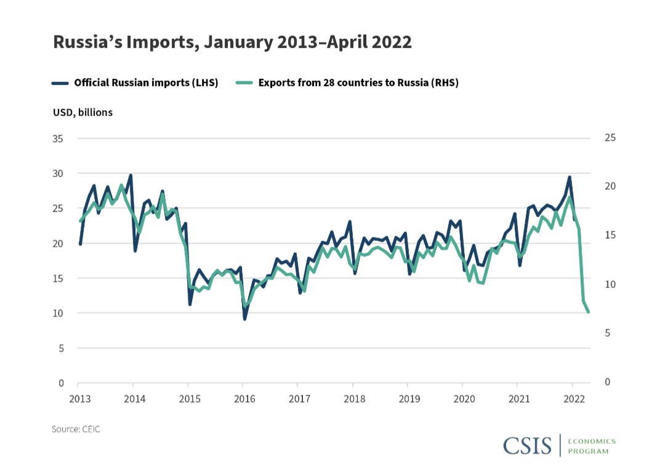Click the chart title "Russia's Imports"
click(x=232, y=42)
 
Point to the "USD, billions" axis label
click(x=83, y=113)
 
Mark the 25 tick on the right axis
click(x=610, y=137)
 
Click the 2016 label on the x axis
click(x=244, y=398)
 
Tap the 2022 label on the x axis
click(x=573, y=398)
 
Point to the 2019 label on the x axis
click(x=408, y=398)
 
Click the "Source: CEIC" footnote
click(x=76, y=429)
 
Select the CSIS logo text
click(x=527, y=445)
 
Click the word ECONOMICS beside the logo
click(x=592, y=441)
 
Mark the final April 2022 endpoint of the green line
click(x=589, y=312)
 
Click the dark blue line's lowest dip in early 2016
click(x=244, y=319)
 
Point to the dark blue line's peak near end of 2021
click(x=570, y=178)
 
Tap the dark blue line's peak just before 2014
click(x=131, y=176)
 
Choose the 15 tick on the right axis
click(x=610, y=236)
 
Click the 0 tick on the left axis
click(x=61, y=383)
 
